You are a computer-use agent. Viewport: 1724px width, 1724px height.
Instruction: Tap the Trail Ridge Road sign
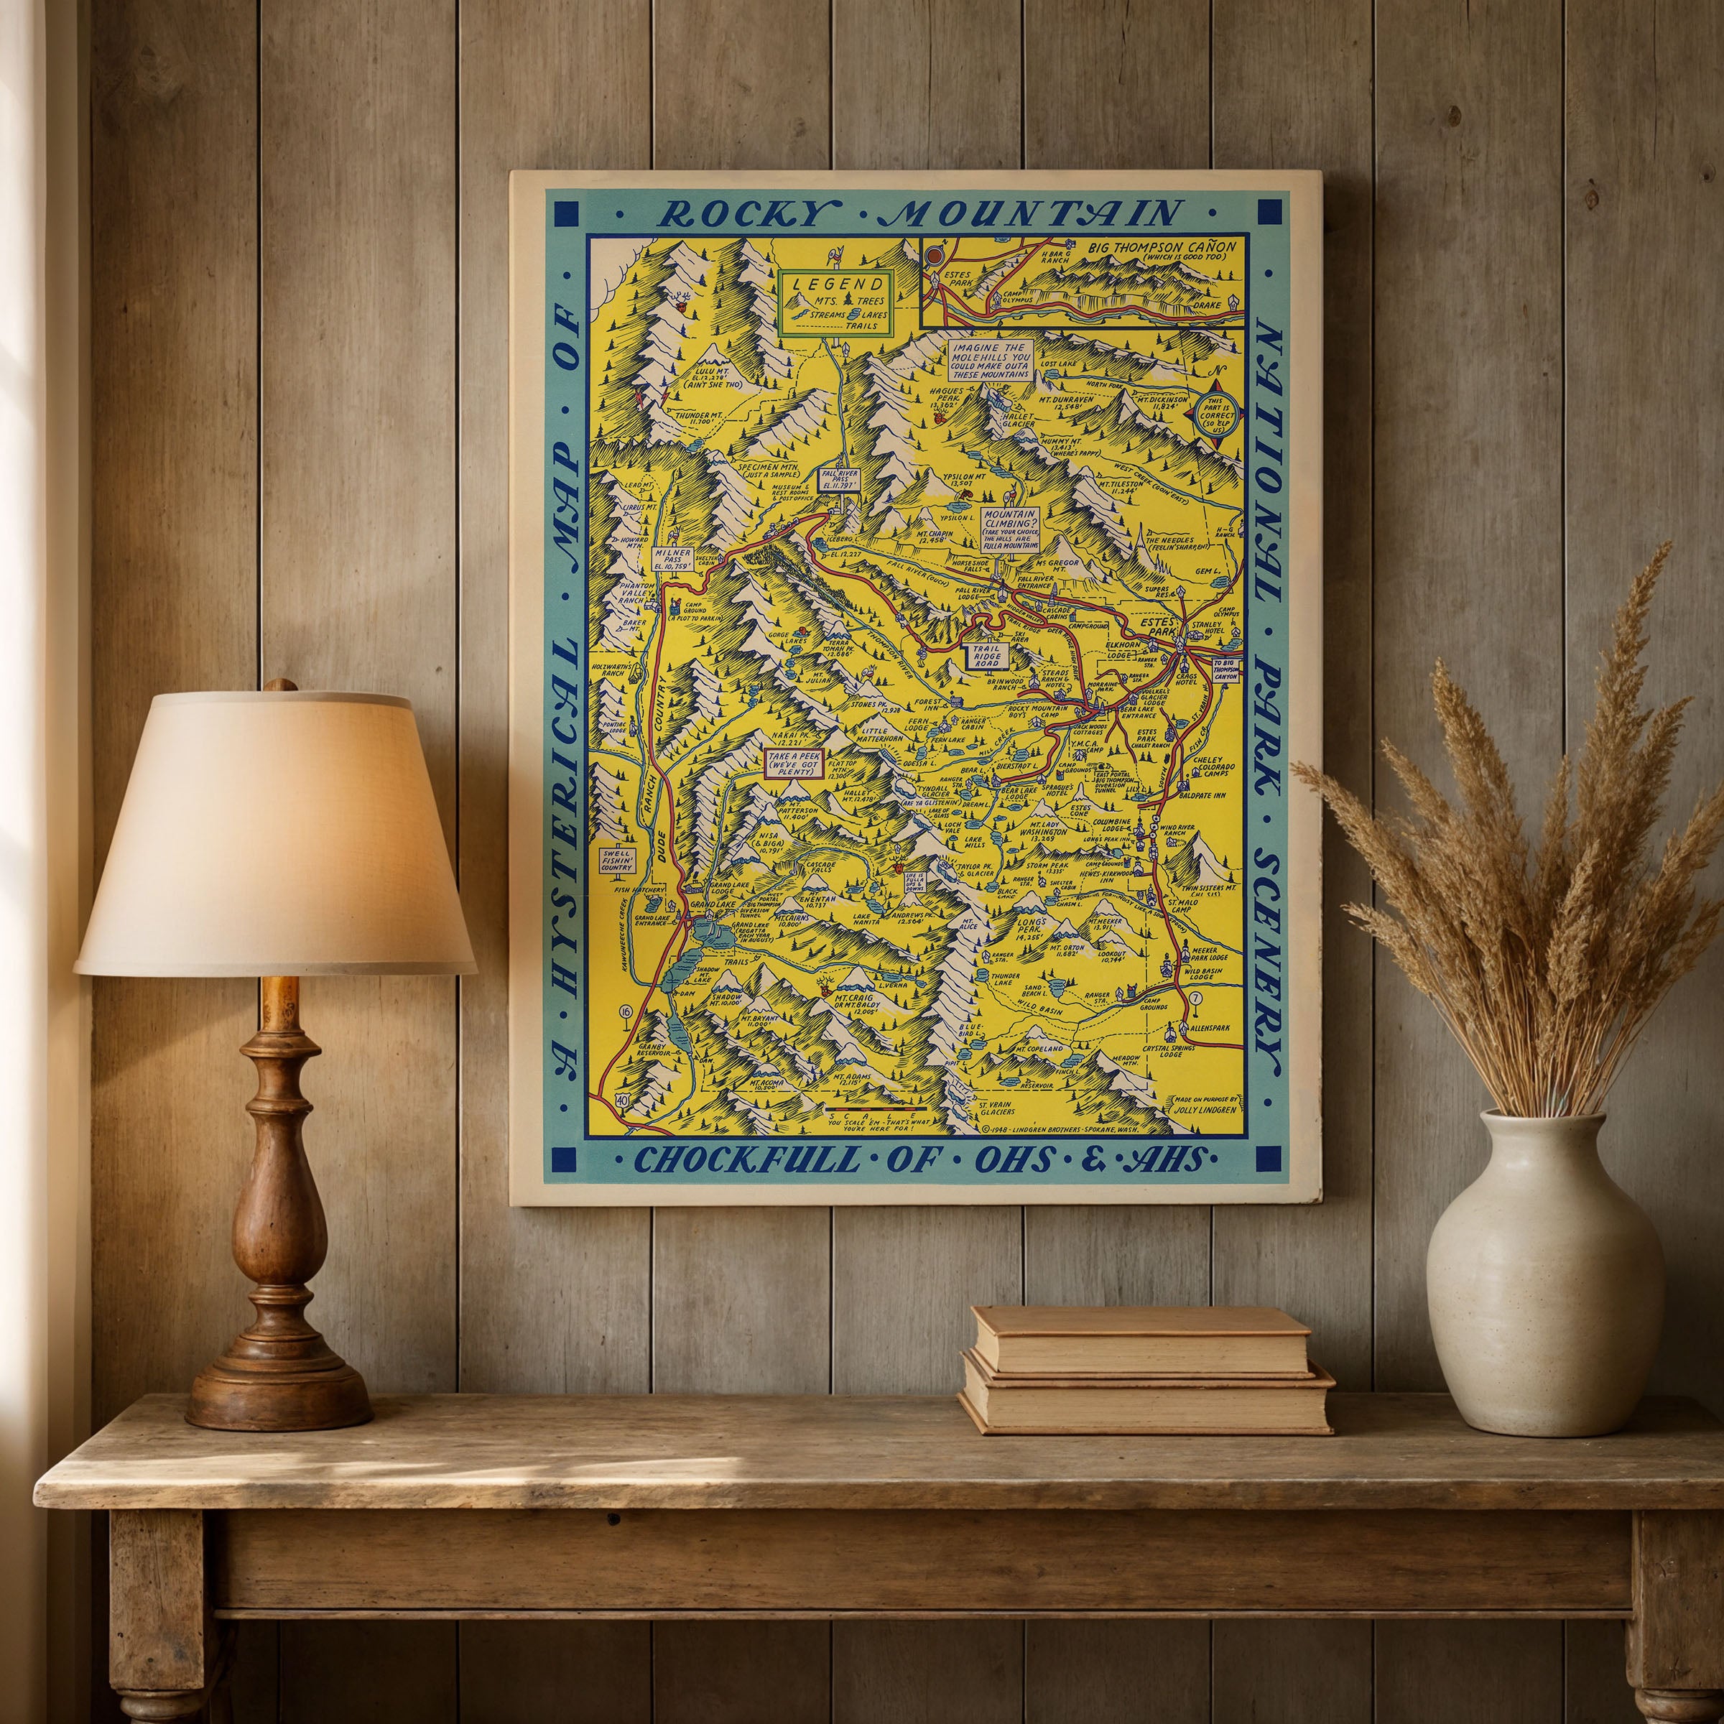coord(987,656)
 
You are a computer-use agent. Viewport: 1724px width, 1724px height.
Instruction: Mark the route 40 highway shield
coord(621,1101)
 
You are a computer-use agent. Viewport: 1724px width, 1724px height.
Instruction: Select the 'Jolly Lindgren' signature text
coord(1204,1108)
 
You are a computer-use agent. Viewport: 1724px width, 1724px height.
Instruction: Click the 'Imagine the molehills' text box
coord(991,360)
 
